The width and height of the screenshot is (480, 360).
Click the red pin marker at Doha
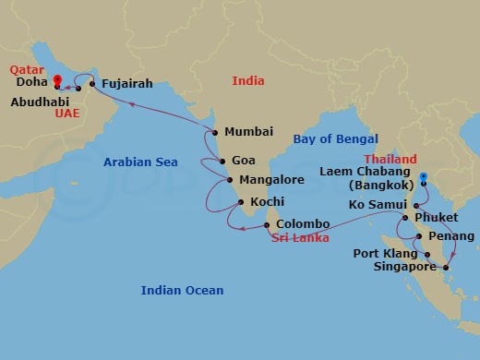[56, 81]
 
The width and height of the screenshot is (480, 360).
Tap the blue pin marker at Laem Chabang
[423, 177]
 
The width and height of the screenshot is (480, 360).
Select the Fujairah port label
[127, 80]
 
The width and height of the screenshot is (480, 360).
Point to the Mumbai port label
[248, 132]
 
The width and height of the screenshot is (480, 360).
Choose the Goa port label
[244, 159]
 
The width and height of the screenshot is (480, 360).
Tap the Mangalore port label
[270, 180]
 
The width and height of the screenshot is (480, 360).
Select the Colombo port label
[303, 223]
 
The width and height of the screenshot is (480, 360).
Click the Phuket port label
[438, 218]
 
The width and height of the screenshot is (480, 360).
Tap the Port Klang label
[385, 252]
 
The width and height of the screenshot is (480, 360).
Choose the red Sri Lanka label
[303, 238]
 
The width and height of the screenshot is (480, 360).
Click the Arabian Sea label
[139, 162]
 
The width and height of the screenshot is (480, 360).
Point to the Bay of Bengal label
[335, 139]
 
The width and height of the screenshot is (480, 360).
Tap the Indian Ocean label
[182, 291]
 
